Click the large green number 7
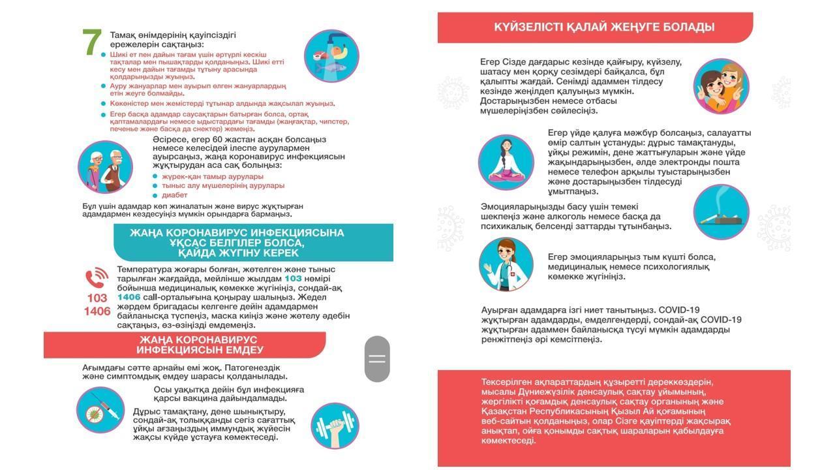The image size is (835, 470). [x=92, y=43]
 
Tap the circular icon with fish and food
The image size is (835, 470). [x=331, y=55]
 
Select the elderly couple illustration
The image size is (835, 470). [x=105, y=168]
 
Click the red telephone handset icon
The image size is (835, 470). [x=97, y=279]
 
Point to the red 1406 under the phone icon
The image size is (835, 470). [x=97, y=311]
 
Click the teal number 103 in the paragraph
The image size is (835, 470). [x=293, y=279]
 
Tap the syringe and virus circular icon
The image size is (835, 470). [x=100, y=411]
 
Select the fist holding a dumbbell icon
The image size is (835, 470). [x=335, y=426]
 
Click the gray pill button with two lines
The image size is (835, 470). [x=377, y=358]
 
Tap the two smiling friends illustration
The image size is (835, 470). [x=721, y=87]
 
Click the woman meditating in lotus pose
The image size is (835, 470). [x=506, y=162]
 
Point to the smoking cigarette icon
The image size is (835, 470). [x=721, y=212]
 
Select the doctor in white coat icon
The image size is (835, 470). [x=506, y=264]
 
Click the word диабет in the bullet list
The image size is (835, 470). [x=174, y=195]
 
